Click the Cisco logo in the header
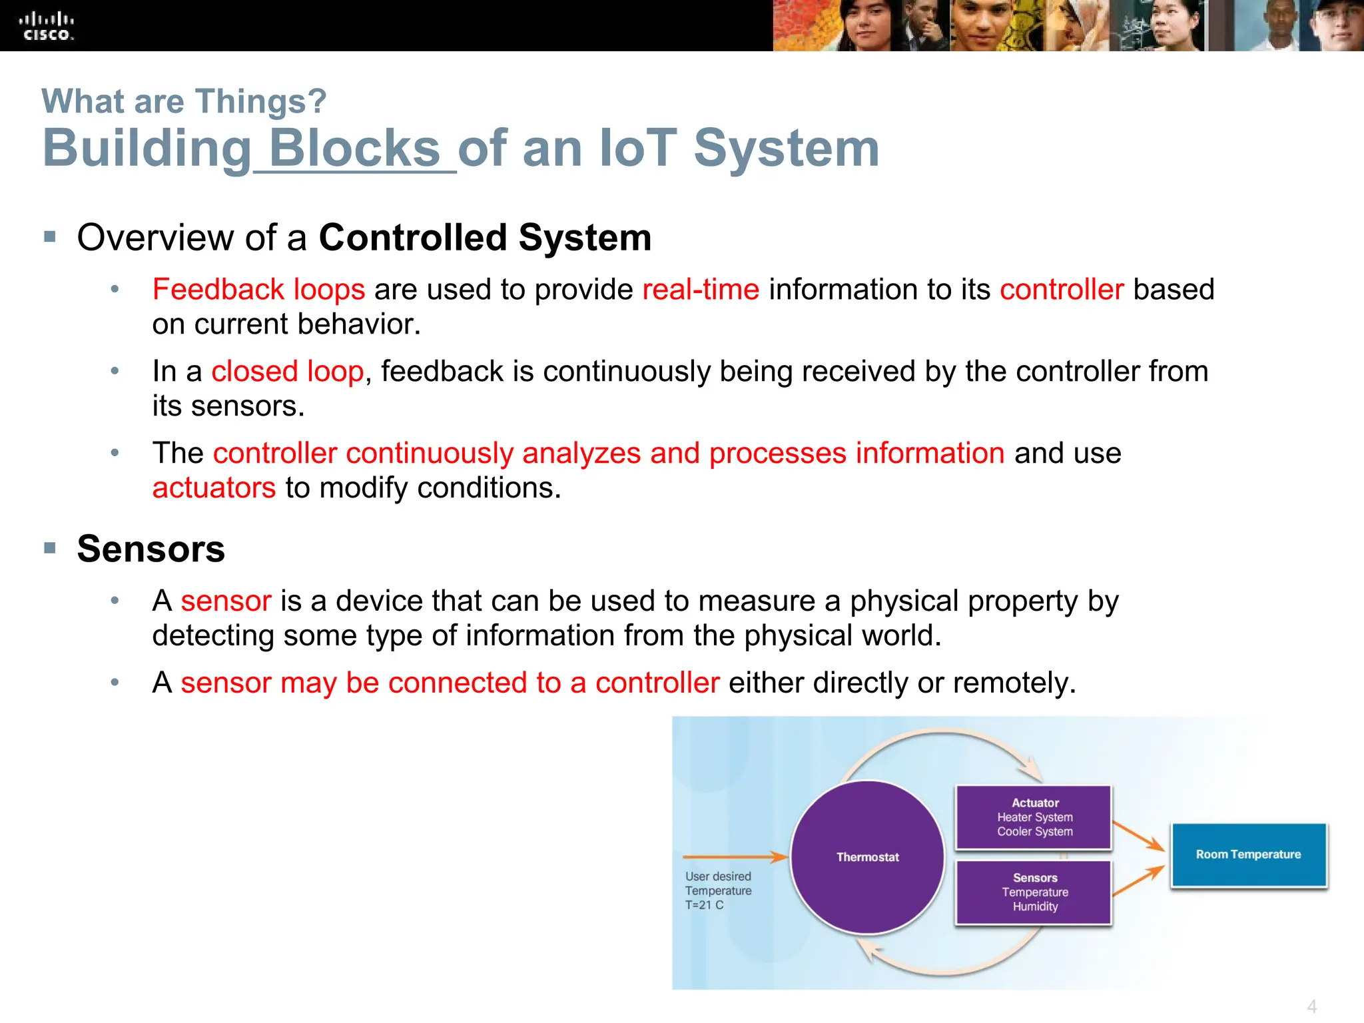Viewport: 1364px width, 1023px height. tap(46, 27)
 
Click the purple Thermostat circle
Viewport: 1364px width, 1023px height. tap(867, 857)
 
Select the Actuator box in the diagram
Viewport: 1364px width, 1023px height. tap(1034, 817)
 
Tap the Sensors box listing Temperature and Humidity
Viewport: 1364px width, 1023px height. tap(1034, 892)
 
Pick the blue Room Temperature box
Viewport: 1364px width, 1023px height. tap(1248, 854)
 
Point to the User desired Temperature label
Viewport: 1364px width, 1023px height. tap(718, 890)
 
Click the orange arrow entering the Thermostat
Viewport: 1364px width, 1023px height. tap(733, 857)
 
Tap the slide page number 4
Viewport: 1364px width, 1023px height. tap(1311, 1006)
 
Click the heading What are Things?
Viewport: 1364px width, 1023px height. tap(184, 102)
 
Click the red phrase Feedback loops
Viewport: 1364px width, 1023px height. tap(258, 290)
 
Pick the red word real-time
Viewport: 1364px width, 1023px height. tap(701, 290)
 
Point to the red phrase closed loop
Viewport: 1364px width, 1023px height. tap(288, 372)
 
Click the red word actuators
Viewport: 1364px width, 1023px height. tap(214, 488)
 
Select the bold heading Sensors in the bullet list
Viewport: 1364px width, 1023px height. tap(151, 549)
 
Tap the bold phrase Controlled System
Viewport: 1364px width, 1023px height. tap(485, 238)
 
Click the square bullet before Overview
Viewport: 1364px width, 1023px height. tap(50, 236)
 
